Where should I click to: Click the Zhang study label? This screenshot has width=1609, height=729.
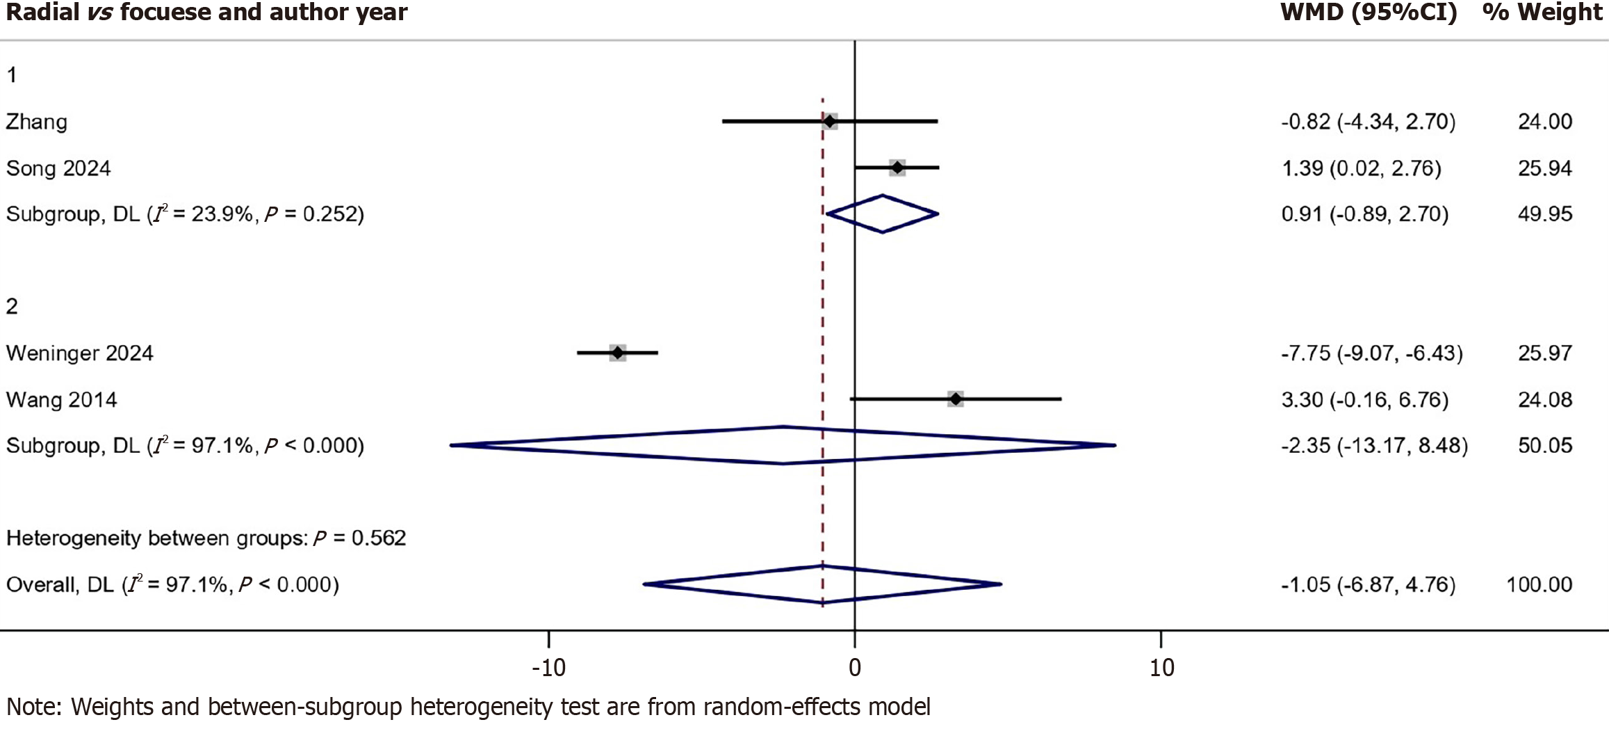pyautogui.click(x=37, y=122)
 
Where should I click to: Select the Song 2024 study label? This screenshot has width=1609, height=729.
pyautogui.click(x=58, y=168)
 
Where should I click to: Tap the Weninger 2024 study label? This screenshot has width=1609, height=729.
pyautogui.click(x=80, y=353)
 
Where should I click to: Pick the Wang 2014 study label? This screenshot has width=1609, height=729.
pyautogui.click(x=62, y=400)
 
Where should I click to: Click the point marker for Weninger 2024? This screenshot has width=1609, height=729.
pyautogui.click(x=618, y=353)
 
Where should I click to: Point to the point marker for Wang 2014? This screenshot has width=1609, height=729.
pyautogui.click(x=956, y=399)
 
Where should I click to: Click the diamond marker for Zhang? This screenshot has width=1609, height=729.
pyautogui.click(x=830, y=122)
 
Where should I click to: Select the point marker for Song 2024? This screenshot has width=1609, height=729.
pyautogui.click(x=897, y=168)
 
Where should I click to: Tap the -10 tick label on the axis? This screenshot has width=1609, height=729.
pyautogui.click(x=548, y=668)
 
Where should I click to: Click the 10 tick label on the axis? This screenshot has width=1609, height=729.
pyautogui.click(x=1161, y=668)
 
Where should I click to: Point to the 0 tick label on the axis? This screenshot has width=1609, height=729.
pyautogui.click(x=855, y=668)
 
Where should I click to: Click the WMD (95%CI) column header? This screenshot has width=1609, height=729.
pyautogui.click(x=1369, y=13)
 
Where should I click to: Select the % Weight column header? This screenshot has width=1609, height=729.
pyautogui.click(x=1542, y=13)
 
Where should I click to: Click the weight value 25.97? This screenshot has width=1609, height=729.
pyautogui.click(x=1544, y=353)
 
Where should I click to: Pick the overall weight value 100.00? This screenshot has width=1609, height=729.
pyautogui.click(x=1539, y=584)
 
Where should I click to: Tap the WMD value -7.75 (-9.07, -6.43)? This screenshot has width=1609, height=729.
pyautogui.click(x=1371, y=353)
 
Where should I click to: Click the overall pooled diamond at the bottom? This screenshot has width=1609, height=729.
pyautogui.click(x=823, y=584)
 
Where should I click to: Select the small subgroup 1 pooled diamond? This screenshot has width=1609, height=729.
pyautogui.click(x=883, y=214)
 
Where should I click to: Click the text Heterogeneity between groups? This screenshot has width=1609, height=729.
pyautogui.click(x=156, y=538)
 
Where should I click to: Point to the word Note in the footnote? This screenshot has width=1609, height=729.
pyautogui.click(x=33, y=707)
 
